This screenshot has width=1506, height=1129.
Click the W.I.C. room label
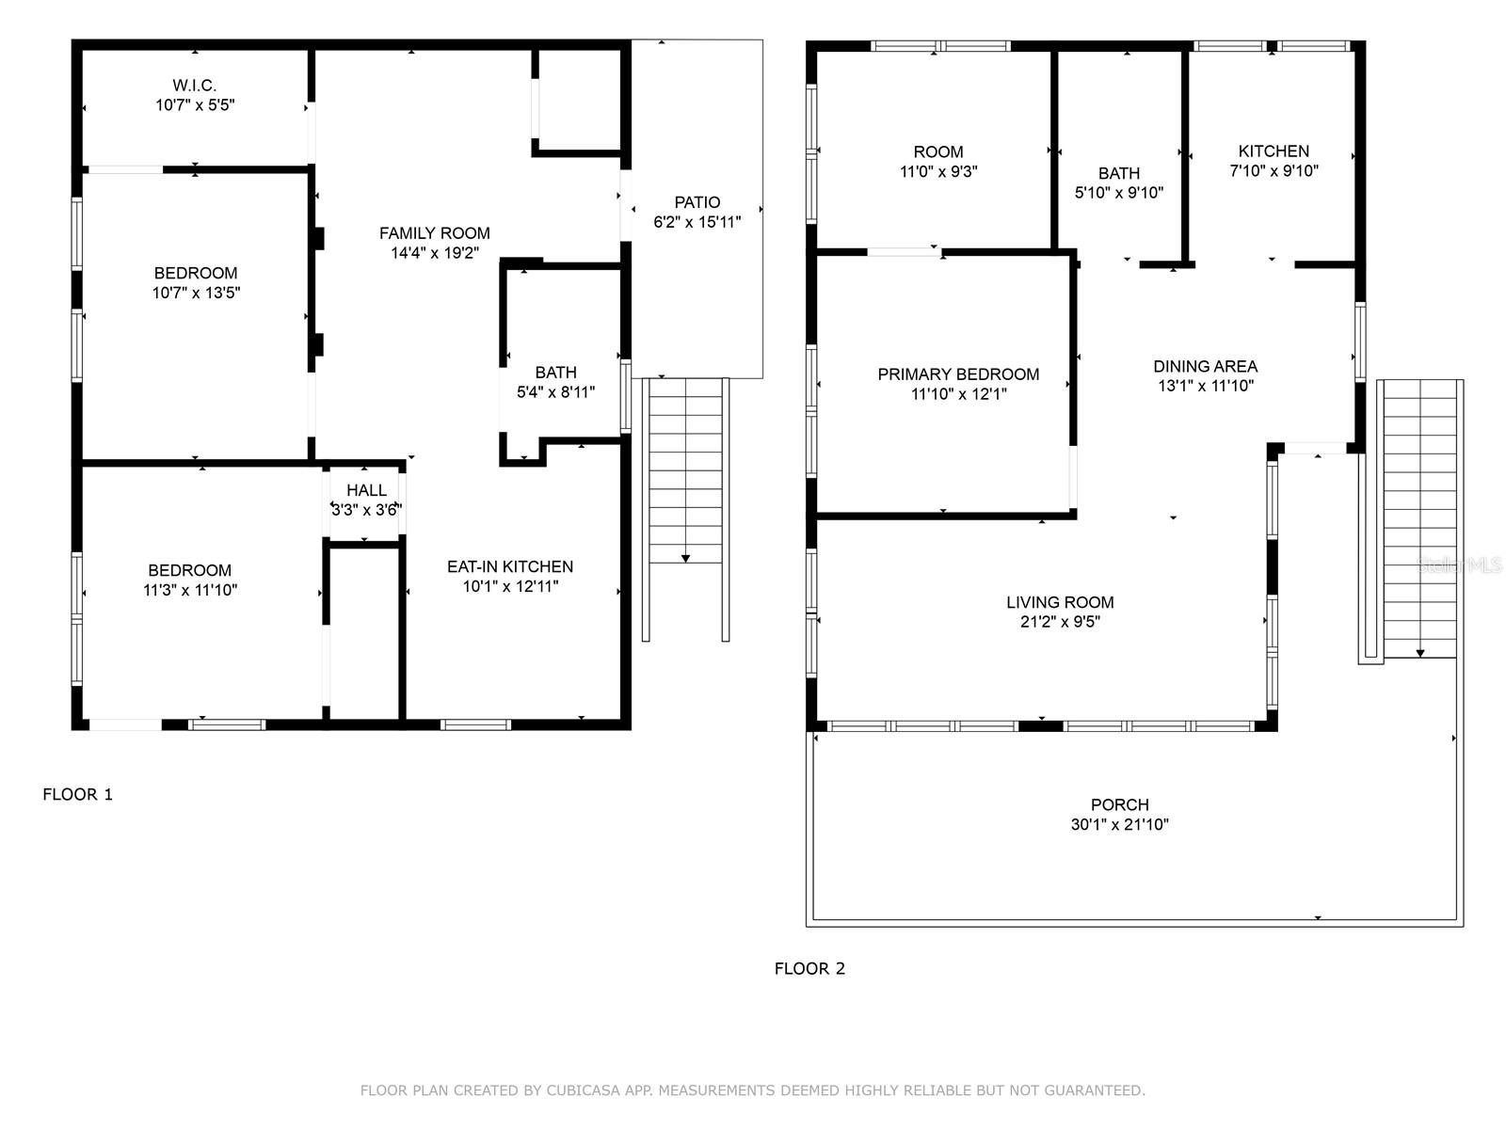click(x=195, y=86)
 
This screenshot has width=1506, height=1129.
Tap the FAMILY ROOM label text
click(x=434, y=233)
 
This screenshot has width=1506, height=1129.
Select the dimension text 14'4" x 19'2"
click(x=434, y=253)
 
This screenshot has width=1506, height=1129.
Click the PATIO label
click(x=697, y=202)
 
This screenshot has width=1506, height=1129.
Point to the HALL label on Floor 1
click(x=366, y=490)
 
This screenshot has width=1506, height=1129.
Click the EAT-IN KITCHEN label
click(x=509, y=566)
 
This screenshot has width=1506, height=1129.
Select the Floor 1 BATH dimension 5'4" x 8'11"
click(x=555, y=392)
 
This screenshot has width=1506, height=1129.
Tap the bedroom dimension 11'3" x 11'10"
click(x=189, y=591)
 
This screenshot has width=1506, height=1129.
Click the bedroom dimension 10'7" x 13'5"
click(x=196, y=293)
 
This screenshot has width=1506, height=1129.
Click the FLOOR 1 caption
click(x=77, y=794)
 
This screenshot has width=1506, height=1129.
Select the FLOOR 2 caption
click(x=809, y=969)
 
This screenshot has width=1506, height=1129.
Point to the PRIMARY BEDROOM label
click(x=958, y=374)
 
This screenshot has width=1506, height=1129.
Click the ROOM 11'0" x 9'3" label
click(x=937, y=152)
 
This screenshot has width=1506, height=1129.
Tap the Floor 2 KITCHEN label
click(x=1273, y=151)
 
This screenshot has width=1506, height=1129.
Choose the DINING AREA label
click(x=1205, y=367)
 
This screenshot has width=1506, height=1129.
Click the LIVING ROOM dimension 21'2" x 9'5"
click(x=1060, y=622)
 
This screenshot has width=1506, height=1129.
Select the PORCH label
click(x=1119, y=805)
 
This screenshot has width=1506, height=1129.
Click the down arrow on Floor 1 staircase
click(x=685, y=559)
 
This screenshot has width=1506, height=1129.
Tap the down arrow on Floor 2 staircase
click(x=1420, y=653)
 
